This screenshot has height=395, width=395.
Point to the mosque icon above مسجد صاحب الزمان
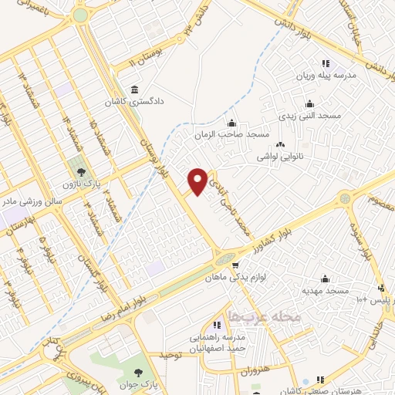point(231,122)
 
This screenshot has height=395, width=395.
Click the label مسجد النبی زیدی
point(309,115)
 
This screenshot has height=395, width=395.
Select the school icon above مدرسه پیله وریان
point(325,63)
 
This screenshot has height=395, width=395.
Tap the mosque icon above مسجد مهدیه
point(325,278)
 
